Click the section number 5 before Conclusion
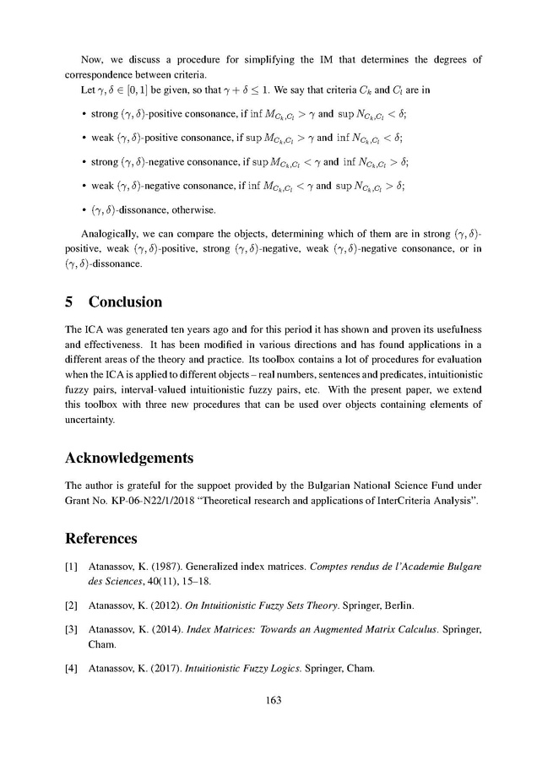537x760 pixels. pos(70,301)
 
